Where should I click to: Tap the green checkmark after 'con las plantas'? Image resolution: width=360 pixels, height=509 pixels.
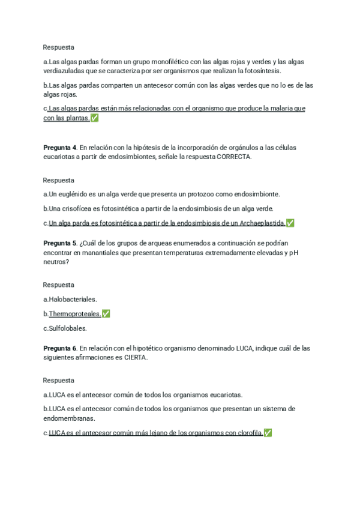tap(94, 118)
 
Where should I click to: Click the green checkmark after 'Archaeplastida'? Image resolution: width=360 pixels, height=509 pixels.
tap(290, 223)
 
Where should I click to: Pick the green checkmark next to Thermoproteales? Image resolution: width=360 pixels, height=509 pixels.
tap(106, 314)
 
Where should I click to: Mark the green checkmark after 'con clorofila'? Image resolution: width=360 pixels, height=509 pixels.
tap(268, 433)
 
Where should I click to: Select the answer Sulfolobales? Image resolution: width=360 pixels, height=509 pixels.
tap(68, 328)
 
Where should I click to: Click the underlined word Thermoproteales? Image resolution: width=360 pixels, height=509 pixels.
tap(75, 314)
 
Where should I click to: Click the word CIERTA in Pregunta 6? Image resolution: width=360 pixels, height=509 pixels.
tap(136, 358)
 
